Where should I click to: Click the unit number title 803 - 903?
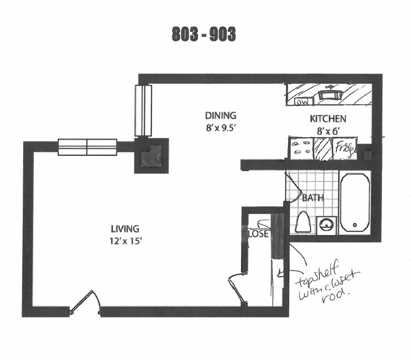(x=204, y=34)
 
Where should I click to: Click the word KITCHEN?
(x=328, y=119)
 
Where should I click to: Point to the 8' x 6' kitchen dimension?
(x=327, y=131)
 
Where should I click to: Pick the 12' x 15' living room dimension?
(x=125, y=241)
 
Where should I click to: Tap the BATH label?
(x=313, y=198)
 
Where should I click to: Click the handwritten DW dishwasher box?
(x=302, y=102)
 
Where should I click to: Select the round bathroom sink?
(x=327, y=223)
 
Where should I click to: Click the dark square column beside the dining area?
(x=152, y=155)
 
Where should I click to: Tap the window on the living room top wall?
(x=87, y=146)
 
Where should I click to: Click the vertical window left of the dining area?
(x=143, y=111)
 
